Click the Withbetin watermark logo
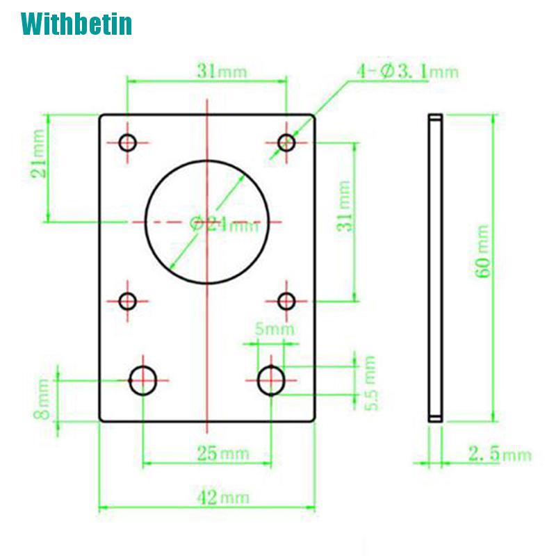click(x=76, y=24)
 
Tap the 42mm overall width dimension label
click(x=223, y=497)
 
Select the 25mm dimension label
click(x=223, y=455)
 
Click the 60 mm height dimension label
click(x=483, y=251)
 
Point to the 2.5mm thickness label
click(x=499, y=455)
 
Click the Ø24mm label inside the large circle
click(x=224, y=224)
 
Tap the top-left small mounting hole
click(x=128, y=143)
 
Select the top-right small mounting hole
click(x=286, y=143)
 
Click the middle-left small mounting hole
click(x=128, y=302)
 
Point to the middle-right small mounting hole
click(x=286, y=302)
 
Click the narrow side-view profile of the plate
click(x=434, y=268)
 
